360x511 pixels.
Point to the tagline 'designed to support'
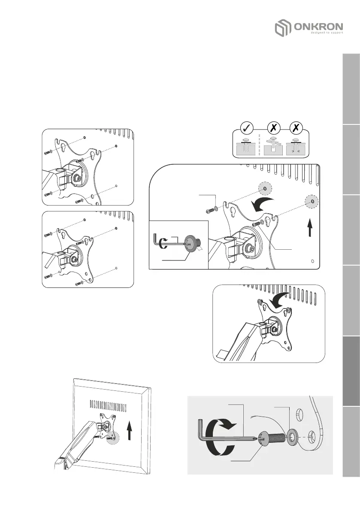pyautogui.click(x=327, y=33)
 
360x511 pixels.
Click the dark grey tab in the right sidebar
pyautogui.click(x=351, y=371)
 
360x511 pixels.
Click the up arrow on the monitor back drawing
pyautogui.click(x=129, y=430)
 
